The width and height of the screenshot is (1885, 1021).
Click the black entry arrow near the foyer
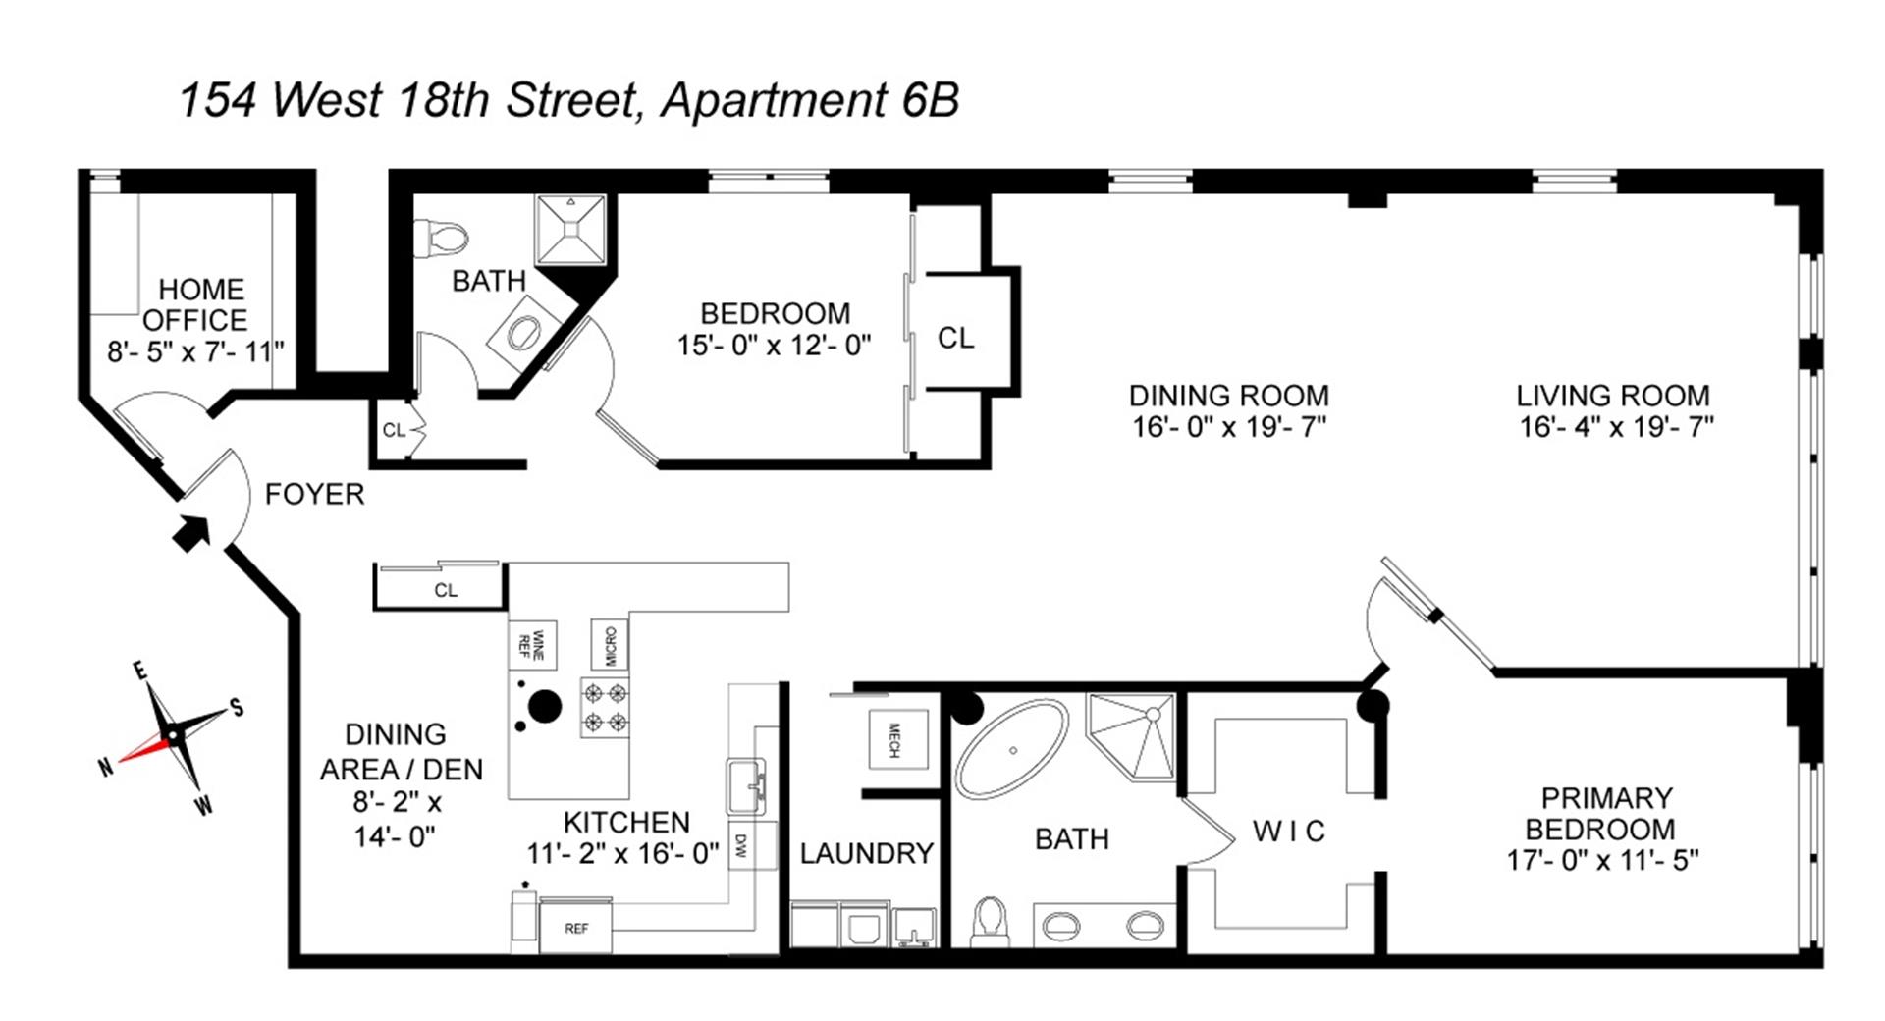coord(191,533)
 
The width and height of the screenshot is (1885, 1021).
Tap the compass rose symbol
coord(173,735)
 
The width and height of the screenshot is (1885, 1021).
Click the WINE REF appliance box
coord(532,645)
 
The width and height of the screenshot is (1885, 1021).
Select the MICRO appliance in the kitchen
coord(610,646)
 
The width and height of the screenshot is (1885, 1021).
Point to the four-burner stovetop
coord(605,708)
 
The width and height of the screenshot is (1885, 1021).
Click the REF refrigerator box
coord(576,928)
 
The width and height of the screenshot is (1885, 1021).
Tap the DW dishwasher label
coord(740,845)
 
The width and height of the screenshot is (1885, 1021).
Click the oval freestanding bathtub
coord(1012,749)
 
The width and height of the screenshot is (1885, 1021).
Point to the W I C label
coord(1288,832)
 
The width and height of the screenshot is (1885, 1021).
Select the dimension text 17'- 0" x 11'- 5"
coord(1602,861)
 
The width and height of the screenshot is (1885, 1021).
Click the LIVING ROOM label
coord(1612,396)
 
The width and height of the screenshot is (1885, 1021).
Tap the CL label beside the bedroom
coord(955,338)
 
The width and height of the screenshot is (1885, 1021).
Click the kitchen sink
coord(746,785)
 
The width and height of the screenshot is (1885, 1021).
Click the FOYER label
coord(314,494)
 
